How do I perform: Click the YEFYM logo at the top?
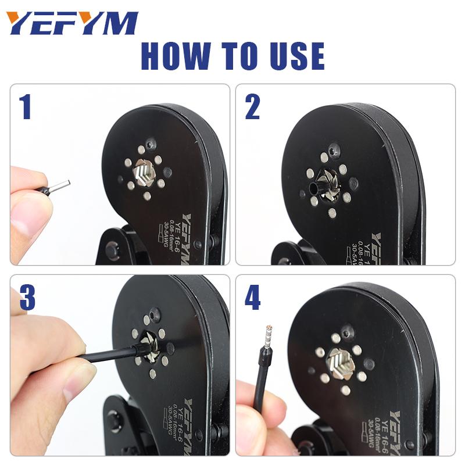pyautogui.click(x=72, y=23)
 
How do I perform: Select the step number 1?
pyautogui.click(x=24, y=107)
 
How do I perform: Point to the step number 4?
pyautogui.click(x=252, y=298)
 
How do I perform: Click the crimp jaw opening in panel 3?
pyautogui.click(x=150, y=349)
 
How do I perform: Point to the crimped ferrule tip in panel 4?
pyautogui.click(x=269, y=335)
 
